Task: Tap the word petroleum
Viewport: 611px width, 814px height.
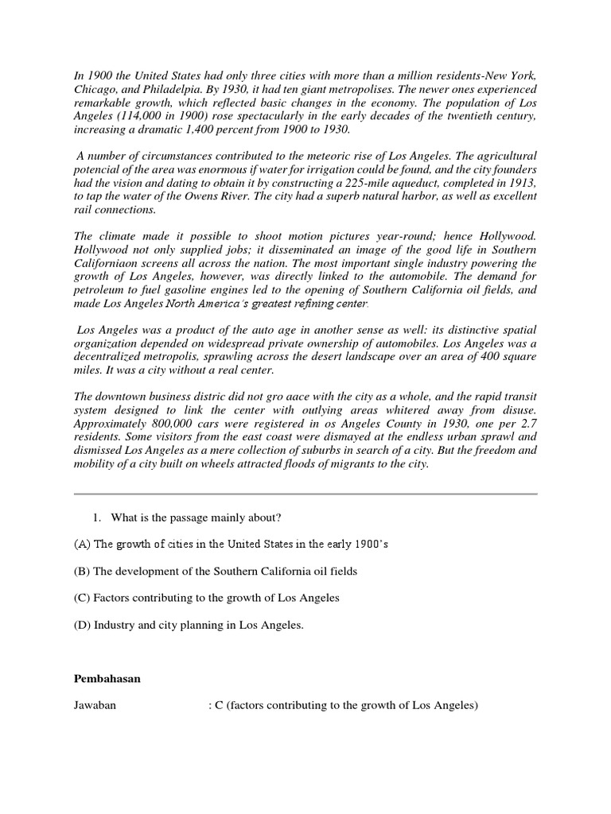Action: (x=102, y=290)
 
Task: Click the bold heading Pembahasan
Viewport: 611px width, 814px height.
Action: (x=106, y=680)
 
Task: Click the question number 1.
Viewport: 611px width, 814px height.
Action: (x=97, y=518)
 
